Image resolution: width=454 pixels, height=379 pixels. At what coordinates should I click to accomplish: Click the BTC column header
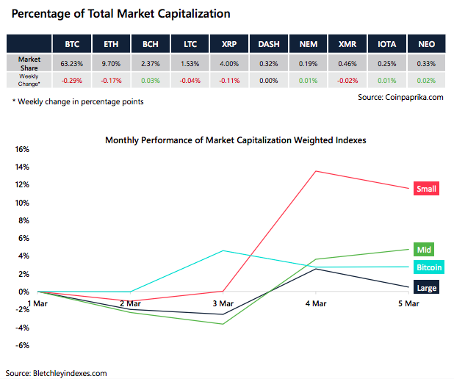tap(72, 43)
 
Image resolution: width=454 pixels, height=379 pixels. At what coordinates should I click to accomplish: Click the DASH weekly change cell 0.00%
tap(268, 79)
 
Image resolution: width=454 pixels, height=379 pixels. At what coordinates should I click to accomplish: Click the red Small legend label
tap(426, 189)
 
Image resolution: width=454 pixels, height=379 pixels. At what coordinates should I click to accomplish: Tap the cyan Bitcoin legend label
tap(430, 267)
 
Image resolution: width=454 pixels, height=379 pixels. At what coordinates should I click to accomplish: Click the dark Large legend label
tap(427, 288)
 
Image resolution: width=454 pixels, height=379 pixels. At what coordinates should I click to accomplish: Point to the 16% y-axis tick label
tap(21, 149)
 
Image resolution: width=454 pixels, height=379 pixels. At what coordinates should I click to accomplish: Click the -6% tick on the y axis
tap(21, 345)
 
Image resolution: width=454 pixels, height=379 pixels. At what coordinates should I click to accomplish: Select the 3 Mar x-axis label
tap(223, 303)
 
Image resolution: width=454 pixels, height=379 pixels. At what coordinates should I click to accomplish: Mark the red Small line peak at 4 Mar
tap(315, 171)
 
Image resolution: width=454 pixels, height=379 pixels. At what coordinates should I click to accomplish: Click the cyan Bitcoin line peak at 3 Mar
tap(223, 250)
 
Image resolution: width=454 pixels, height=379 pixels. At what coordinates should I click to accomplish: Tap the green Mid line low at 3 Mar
tap(223, 324)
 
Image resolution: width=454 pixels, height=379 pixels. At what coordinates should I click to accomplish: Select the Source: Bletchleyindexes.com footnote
tap(56, 373)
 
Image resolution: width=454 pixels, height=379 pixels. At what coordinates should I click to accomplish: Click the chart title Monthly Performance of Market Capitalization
tap(235, 139)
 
